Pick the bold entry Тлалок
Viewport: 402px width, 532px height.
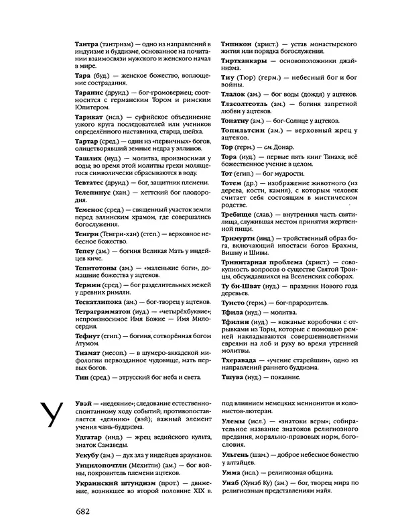pyautogui.click(x=237, y=94)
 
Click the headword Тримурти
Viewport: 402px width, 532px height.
pyautogui.click(x=243, y=239)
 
